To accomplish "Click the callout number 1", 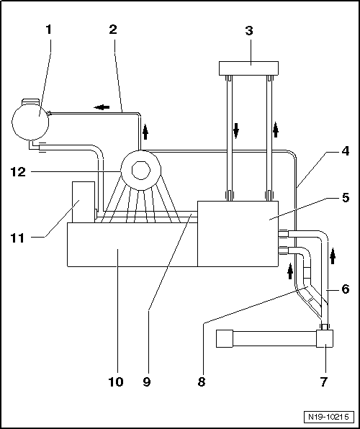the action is coord(48,30).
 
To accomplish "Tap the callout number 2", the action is coord(113,30).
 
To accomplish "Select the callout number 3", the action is coord(249,31).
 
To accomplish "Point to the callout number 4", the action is coord(345,151).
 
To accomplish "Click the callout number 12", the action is coord(18,172).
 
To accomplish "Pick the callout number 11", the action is coord(17,238).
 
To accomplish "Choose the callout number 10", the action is coord(116,381).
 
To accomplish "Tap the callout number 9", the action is coord(147,381).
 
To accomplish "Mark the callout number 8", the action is coord(202,381).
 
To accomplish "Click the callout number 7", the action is coord(324,381).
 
